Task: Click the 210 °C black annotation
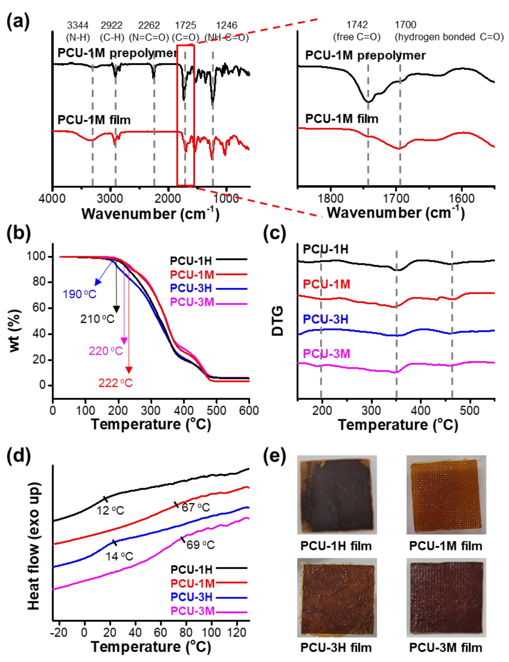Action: tap(97, 319)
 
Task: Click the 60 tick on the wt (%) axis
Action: tap(39, 308)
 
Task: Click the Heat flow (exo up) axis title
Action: tap(34, 545)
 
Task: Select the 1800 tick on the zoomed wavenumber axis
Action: tap(331, 199)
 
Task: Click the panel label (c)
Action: tap(274, 233)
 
